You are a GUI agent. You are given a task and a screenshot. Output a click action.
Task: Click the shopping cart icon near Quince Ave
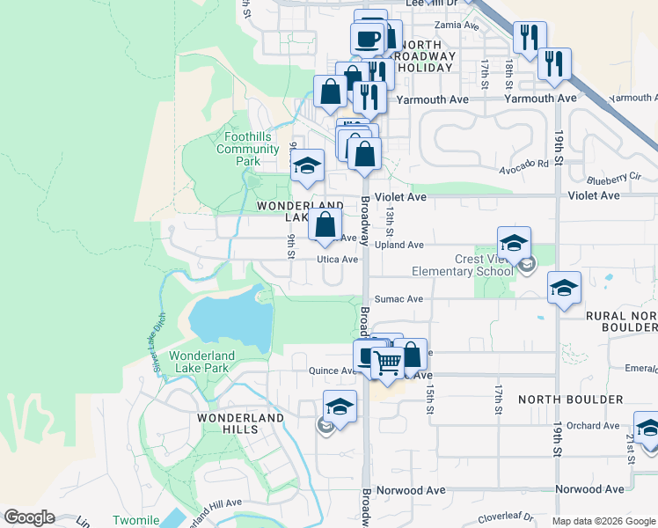tap(387, 362)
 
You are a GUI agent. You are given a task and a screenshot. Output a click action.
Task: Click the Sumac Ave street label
tap(398, 299)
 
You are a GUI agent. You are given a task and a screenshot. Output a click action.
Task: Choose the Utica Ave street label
tap(338, 260)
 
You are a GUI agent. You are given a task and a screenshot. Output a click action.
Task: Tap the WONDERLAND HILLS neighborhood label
tap(228, 423)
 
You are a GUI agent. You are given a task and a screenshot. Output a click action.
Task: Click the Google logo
tap(29, 517)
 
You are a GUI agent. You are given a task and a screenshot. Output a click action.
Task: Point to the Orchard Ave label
tap(593, 426)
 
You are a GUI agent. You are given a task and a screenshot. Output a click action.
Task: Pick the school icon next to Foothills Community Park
tap(307, 165)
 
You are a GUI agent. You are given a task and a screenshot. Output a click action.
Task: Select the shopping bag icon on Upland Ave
tap(325, 224)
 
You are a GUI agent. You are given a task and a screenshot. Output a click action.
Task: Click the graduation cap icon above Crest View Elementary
tap(514, 243)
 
